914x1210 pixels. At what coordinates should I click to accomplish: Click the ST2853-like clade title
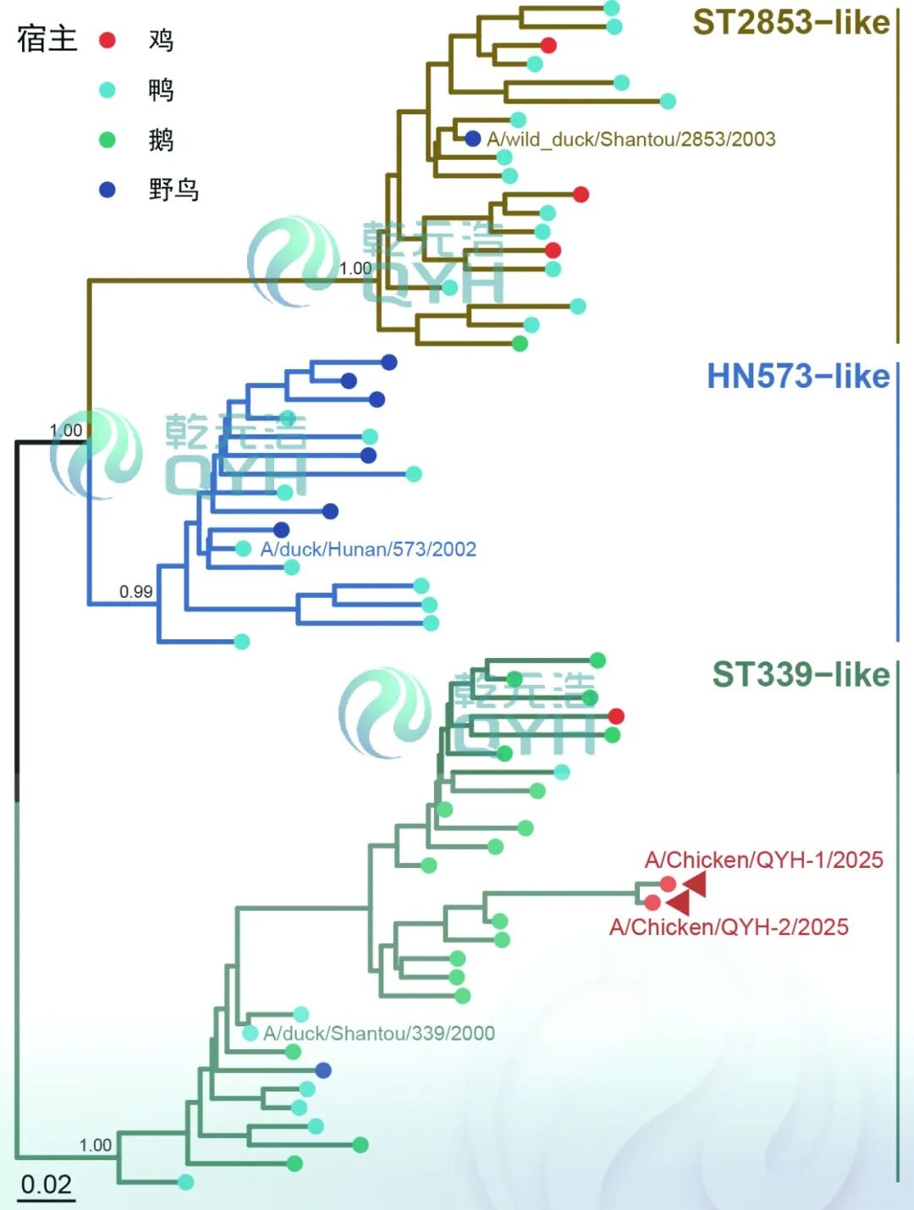tap(790, 23)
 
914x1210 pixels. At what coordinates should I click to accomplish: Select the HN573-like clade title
tap(797, 376)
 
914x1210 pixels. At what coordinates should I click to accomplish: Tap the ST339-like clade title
tap(801, 675)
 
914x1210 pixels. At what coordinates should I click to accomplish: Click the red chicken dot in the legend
tap(107, 40)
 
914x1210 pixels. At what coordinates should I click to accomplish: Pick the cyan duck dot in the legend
tap(107, 90)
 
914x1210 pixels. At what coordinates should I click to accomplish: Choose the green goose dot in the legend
tap(107, 140)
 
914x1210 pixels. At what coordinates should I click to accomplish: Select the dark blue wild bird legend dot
tap(107, 190)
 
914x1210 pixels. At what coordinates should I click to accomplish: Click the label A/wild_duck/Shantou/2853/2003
tap(630, 139)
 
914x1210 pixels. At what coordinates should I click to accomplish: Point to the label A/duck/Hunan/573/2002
tap(368, 550)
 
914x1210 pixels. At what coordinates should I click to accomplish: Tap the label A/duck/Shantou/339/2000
tap(378, 1033)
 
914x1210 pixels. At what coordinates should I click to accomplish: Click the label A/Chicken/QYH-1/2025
tap(763, 860)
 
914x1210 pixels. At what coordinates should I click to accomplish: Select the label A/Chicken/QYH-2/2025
tap(729, 927)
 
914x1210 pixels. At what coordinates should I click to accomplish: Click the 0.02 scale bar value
tap(46, 1184)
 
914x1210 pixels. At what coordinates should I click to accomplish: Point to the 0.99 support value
tap(135, 592)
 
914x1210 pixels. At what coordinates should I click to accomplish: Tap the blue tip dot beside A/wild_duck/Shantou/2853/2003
tap(473, 139)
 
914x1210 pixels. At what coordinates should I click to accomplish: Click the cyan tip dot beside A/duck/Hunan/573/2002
tap(244, 549)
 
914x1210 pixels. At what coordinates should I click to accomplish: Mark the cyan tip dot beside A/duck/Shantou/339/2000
tap(250, 1033)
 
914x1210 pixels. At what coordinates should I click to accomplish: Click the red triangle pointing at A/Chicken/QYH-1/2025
tap(695, 884)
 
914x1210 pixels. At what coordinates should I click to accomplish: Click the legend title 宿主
tap(47, 39)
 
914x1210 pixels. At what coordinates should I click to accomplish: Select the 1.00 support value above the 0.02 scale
tap(95, 1146)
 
